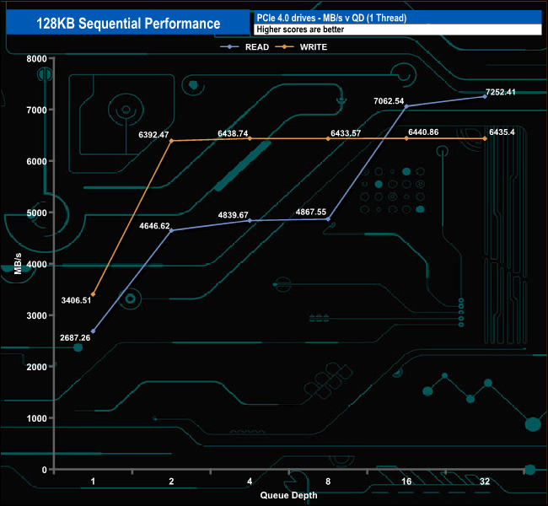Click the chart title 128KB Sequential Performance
pyautogui.click(x=128, y=23)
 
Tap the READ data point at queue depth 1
pyautogui.click(x=93, y=331)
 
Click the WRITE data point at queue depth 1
pyautogui.click(x=93, y=294)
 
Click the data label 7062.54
pyautogui.click(x=389, y=101)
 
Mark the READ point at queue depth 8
pyautogui.click(x=328, y=218)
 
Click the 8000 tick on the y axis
pyautogui.click(x=35, y=58)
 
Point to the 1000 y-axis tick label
pyautogui.click(x=35, y=418)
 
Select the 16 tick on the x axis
pyautogui.click(x=406, y=481)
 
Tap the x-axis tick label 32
pyautogui.click(x=485, y=481)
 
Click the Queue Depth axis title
pyautogui.click(x=288, y=495)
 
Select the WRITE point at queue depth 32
pyautogui.click(x=485, y=138)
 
